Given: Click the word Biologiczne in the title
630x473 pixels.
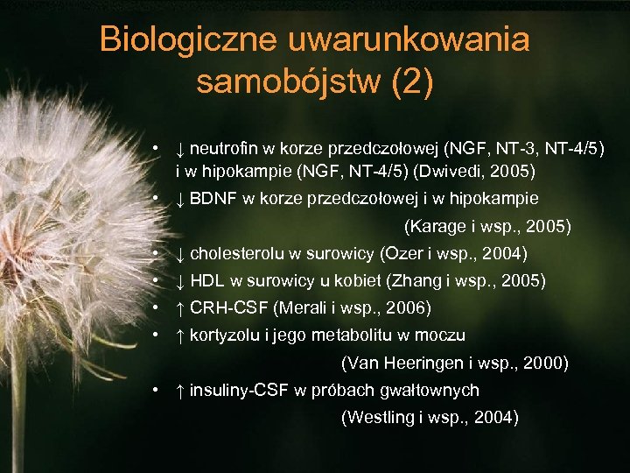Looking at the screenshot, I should [189, 39].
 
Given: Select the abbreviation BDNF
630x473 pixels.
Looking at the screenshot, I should [213, 199].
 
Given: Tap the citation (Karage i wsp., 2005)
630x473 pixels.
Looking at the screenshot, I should [487, 227].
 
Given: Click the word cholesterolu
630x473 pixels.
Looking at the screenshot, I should [237, 254].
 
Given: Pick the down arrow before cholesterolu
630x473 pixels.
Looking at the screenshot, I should [179, 254].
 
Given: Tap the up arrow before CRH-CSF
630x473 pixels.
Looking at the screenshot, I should [179, 308].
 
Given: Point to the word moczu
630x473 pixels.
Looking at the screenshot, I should [445, 335].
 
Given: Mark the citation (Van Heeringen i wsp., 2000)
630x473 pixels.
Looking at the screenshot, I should [454, 363].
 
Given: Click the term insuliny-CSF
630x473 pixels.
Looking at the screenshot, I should [239, 390].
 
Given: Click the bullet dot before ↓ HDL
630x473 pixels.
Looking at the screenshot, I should [154, 281].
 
